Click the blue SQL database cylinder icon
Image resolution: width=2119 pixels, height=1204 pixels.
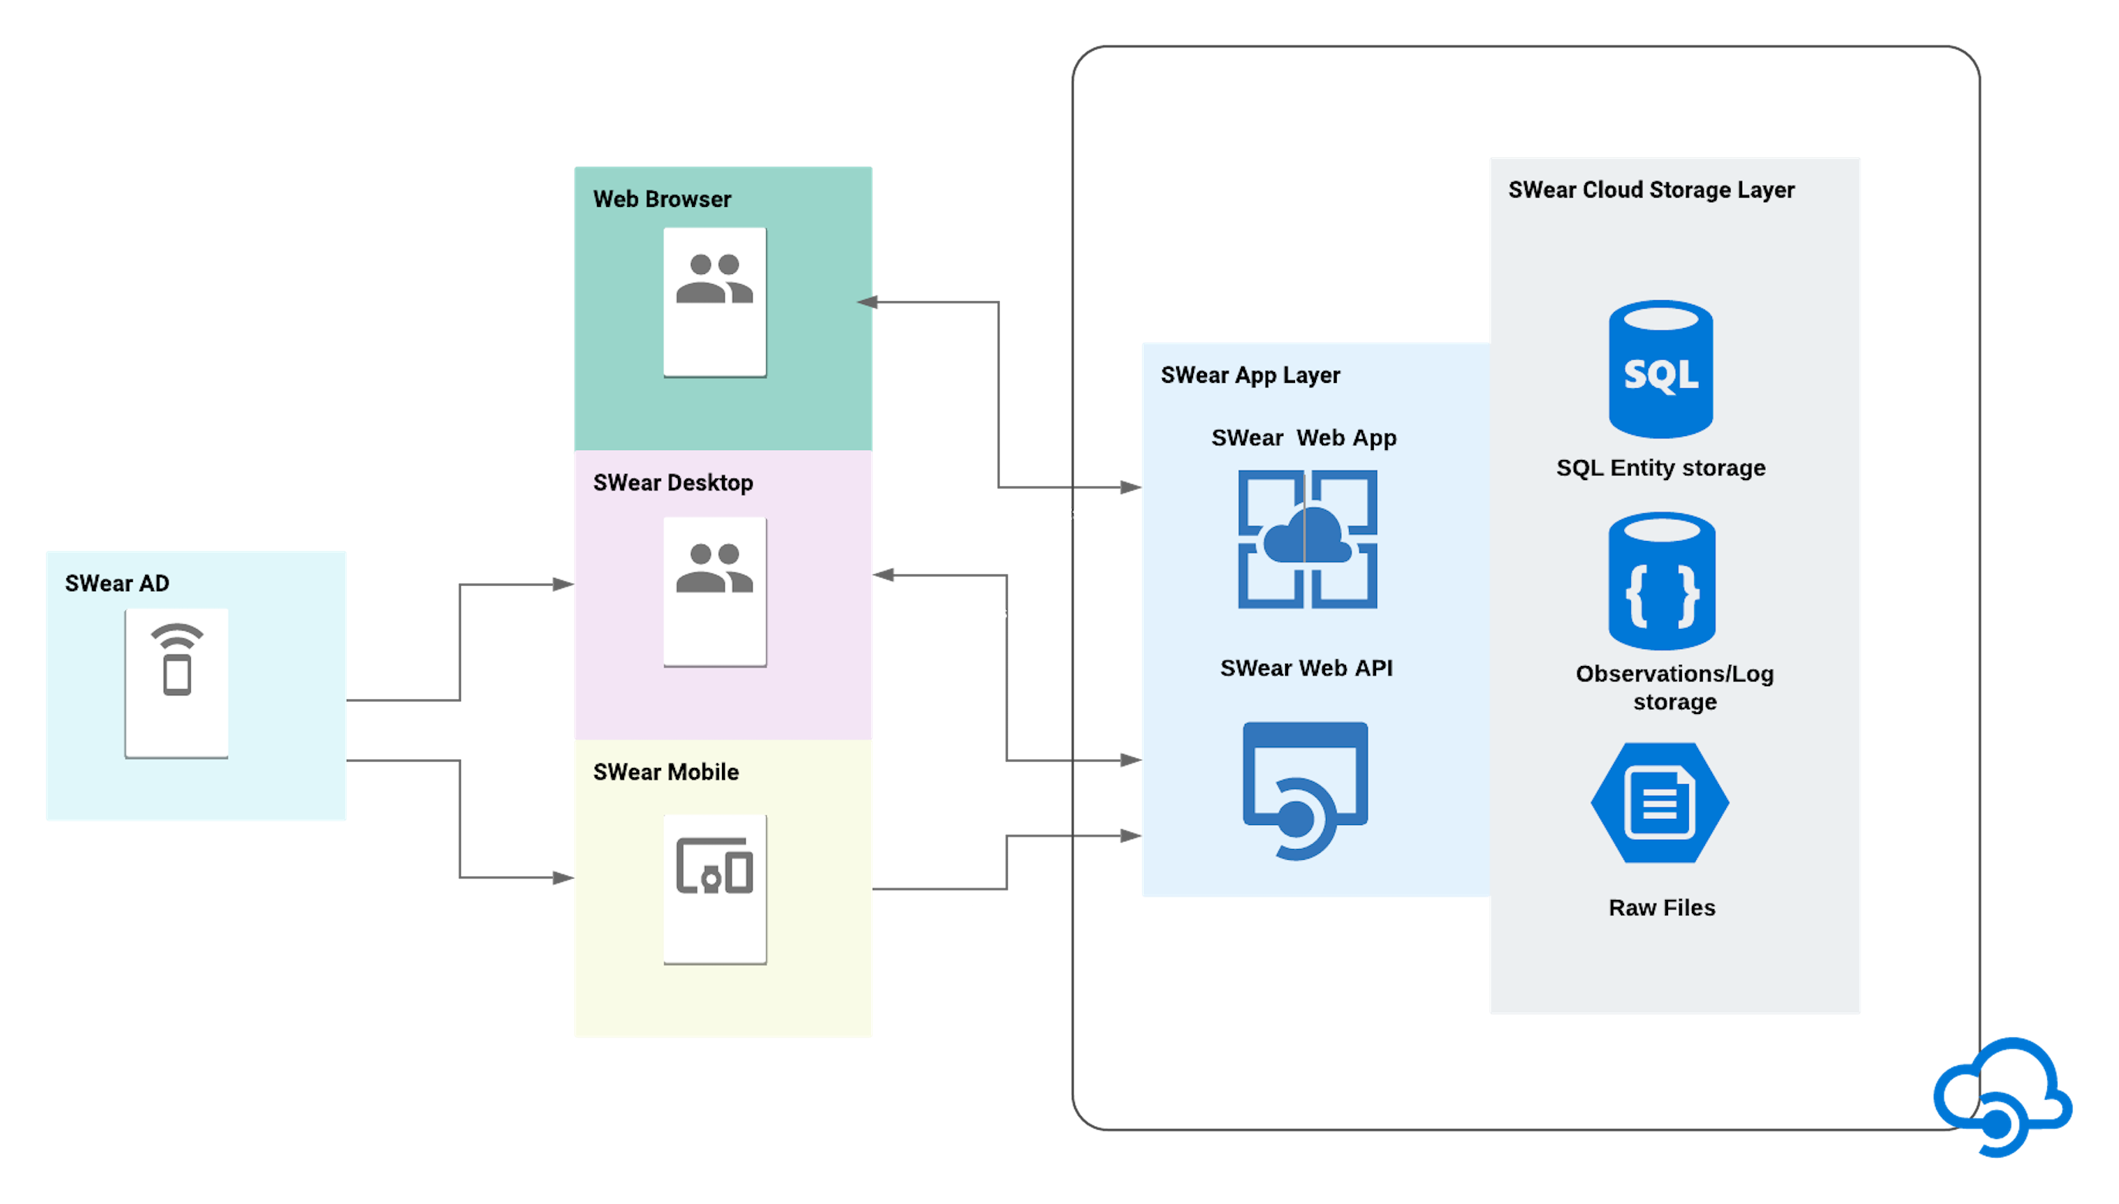(1660, 369)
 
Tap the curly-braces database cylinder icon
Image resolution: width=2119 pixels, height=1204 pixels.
(1661, 580)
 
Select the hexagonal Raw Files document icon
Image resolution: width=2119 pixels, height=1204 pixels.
(1660, 803)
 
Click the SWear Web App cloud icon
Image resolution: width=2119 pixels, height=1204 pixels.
(1307, 539)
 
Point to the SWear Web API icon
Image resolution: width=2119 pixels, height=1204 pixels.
(1305, 790)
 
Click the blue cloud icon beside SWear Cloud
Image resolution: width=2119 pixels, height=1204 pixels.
(2002, 1097)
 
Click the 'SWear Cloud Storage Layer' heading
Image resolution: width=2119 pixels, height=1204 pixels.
(1651, 190)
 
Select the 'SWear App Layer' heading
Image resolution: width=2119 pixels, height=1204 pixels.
(1249, 375)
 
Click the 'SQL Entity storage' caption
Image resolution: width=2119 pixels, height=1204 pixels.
(1660, 468)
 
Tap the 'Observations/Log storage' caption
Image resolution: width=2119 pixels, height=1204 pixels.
(1675, 688)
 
